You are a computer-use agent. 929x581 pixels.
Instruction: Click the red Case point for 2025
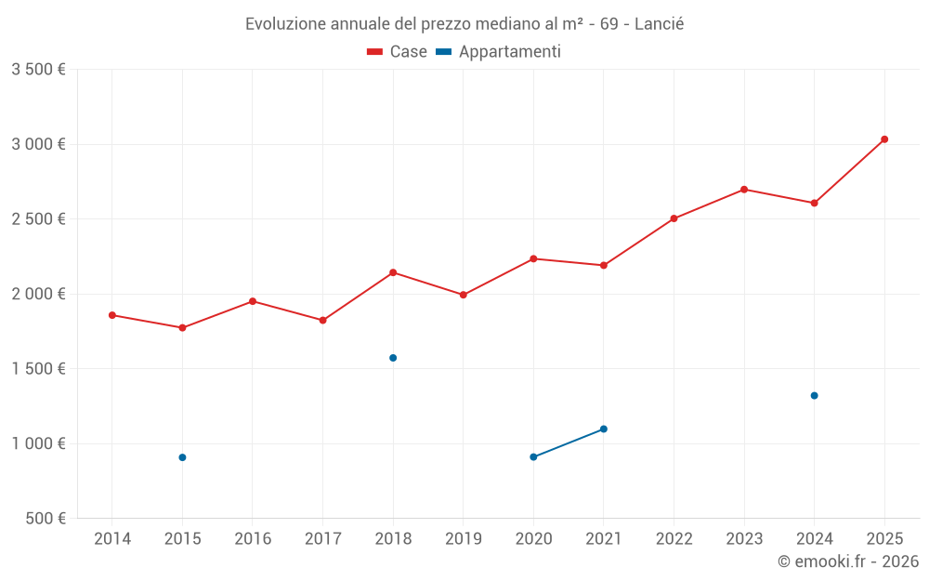884,139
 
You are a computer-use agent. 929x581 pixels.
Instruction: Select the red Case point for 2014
112,315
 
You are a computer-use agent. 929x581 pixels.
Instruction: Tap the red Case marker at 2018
393,272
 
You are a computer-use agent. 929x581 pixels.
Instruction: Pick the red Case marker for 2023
744,190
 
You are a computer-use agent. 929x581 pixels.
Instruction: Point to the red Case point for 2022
674,218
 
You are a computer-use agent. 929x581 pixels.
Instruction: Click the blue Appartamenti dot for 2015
182,457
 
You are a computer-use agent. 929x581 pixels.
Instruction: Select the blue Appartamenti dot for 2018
393,358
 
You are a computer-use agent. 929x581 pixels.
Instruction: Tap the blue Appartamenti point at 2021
604,429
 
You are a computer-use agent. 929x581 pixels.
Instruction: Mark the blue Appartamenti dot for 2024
814,396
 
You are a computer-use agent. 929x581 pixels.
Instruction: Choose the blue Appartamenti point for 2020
533,456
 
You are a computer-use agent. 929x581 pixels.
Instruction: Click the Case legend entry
397,52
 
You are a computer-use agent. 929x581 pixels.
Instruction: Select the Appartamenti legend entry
499,52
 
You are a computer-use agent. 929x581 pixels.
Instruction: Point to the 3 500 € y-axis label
38,70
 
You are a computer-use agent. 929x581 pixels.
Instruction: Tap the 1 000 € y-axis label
38,443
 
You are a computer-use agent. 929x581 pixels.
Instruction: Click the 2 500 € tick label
38,219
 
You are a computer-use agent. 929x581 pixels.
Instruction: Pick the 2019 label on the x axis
464,538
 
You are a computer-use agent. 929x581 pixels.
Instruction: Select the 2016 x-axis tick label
253,538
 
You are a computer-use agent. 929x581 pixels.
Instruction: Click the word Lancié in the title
659,24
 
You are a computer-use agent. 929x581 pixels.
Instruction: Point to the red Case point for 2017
322,320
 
